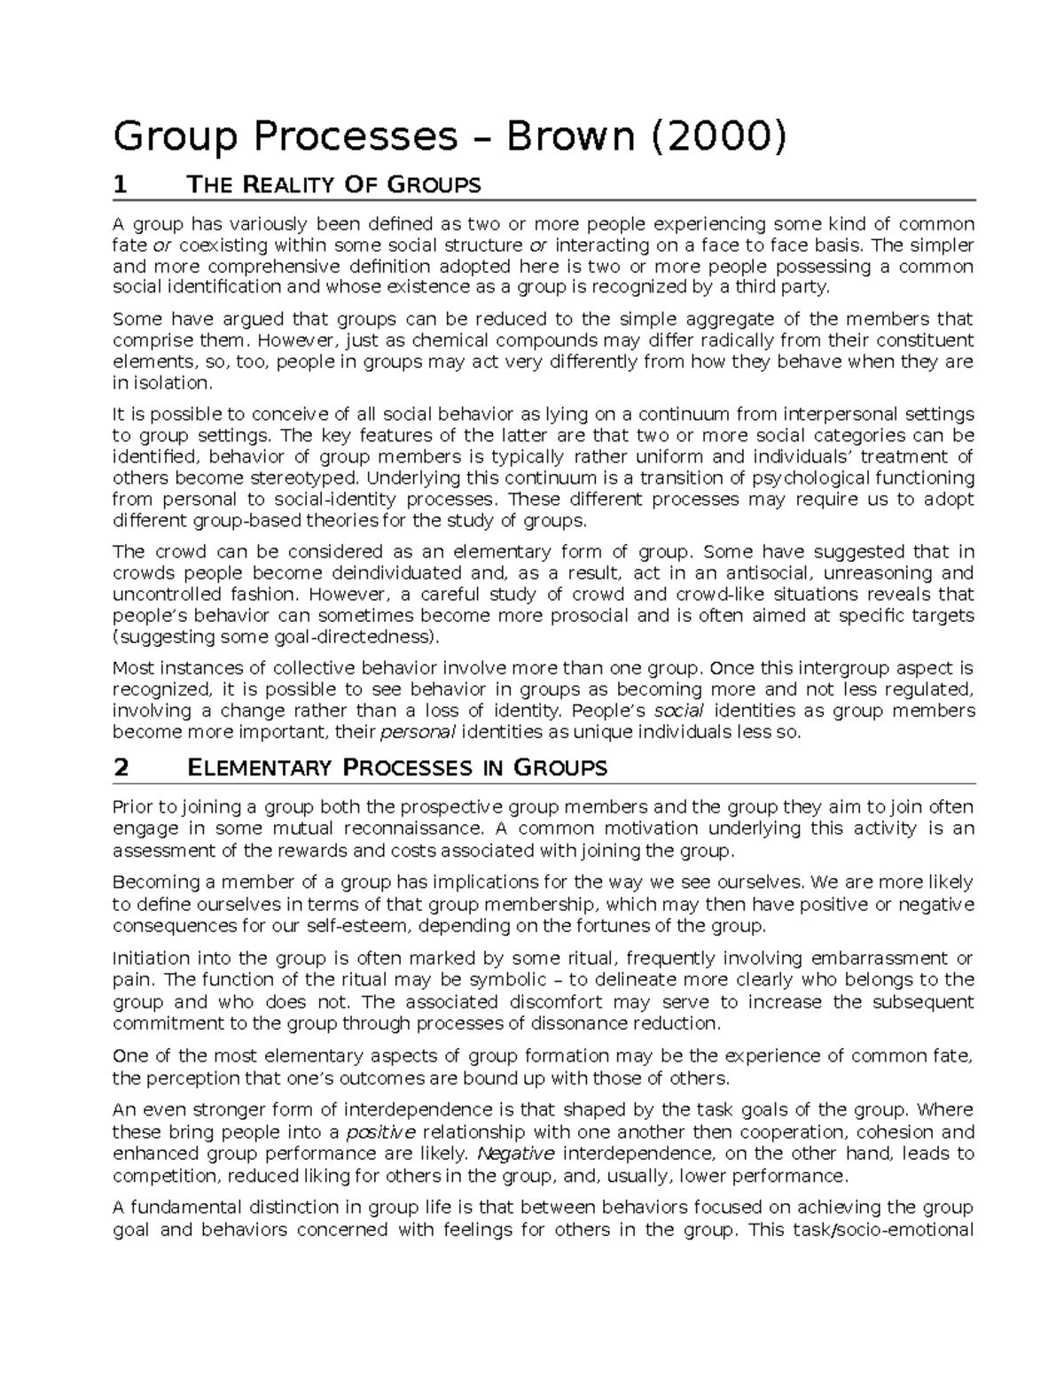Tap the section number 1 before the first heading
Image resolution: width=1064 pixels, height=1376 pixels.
121,185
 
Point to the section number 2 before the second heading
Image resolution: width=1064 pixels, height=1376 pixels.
121,767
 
